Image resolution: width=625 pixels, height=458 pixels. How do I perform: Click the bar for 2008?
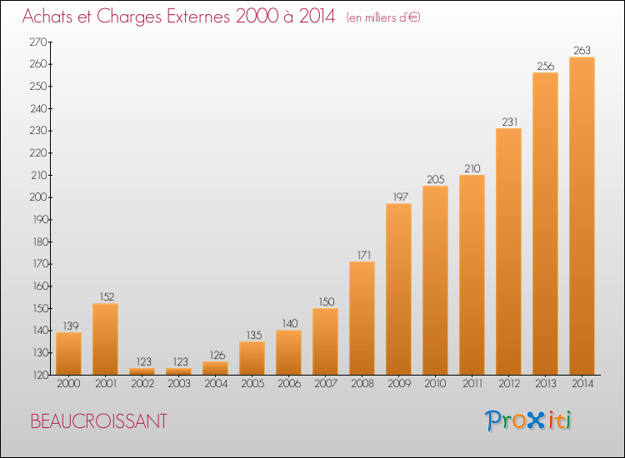362,318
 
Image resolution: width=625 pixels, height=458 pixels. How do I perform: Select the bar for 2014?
582,216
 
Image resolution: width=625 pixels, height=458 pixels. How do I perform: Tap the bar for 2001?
105,339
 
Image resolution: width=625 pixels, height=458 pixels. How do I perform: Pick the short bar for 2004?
215,368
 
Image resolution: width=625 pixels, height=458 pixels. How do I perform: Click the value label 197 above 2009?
400,197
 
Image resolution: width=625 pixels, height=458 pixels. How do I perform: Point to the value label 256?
545,66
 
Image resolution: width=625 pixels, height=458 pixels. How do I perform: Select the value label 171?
364,255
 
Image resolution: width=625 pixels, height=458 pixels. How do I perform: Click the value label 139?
71,326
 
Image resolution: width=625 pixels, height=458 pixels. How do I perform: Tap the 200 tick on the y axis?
38,197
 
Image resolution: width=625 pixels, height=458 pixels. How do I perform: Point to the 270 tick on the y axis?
38,42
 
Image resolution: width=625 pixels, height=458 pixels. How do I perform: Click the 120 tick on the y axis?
39,375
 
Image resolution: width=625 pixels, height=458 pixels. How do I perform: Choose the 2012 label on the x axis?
509,384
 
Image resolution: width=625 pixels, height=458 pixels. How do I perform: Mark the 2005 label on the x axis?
252,384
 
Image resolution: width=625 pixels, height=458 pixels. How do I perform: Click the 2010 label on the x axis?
435,384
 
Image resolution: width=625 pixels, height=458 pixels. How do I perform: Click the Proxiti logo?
528,421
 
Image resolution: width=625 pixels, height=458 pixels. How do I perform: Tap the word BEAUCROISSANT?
98,421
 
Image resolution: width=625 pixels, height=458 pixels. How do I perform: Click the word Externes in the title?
198,17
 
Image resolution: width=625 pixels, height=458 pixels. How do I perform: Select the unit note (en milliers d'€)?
383,17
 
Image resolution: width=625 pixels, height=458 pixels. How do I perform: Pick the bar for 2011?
472,275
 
